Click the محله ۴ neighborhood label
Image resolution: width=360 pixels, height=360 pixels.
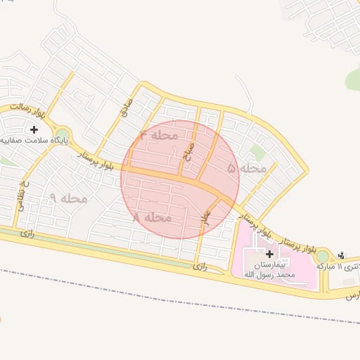[159, 135]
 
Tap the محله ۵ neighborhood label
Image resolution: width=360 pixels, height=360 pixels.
[247, 169]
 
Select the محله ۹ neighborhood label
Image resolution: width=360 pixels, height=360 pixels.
[68, 198]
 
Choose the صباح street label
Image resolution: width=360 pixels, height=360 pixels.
[188, 148]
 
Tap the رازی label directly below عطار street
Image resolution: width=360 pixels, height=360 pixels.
[201, 266]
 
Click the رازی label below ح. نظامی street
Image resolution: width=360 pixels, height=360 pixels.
[27, 232]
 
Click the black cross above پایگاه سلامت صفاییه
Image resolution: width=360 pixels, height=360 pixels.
[34, 129]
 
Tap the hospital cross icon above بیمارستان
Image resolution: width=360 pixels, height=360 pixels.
[270, 253]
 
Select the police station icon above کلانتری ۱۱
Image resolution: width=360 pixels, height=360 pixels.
[342, 255]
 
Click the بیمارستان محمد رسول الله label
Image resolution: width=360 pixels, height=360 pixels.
[271, 271]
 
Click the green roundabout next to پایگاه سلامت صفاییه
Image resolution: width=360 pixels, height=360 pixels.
[63, 134]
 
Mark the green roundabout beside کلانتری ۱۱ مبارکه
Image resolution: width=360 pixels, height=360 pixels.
[323, 257]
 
